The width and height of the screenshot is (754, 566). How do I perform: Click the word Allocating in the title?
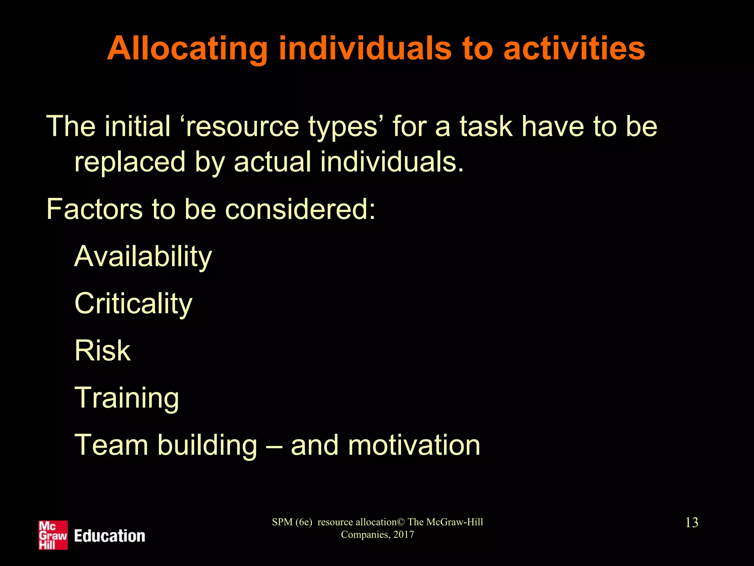187,49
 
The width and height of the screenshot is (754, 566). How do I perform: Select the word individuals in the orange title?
365,49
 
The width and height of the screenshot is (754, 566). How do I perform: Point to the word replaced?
130,162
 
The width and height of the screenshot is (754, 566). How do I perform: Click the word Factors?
94,209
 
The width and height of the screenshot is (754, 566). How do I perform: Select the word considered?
300,209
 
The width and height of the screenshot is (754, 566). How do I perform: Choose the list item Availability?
143,257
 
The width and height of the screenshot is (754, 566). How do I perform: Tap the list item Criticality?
133,304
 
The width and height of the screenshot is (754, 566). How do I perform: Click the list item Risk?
102,350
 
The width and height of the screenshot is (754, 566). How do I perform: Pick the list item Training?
127,398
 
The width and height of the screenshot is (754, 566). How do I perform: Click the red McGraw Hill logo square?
53,535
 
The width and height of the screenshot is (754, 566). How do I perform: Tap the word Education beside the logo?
109,536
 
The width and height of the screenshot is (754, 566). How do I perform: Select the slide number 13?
691,523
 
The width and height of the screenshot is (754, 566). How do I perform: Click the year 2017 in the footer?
404,535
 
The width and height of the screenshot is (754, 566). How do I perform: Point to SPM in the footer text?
282,522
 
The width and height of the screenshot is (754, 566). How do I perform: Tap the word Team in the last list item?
111,445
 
